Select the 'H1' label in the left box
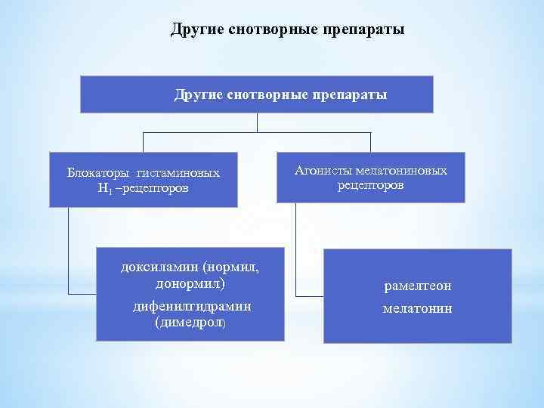pyautogui.click(x=104, y=187)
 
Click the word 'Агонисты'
pyautogui.click(x=317, y=171)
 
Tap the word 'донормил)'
pyautogui.click(x=190, y=283)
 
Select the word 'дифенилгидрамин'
pyautogui.click(x=190, y=306)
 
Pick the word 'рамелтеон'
pyautogui.click(x=418, y=286)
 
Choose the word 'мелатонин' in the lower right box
pyautogui.click(x=418, y=308)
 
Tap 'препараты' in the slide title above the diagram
pyautogui.click(x=364, y=29)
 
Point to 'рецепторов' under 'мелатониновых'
pyautogui.click(x=370, y=185)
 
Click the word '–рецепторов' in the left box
pyautogui.click(x=154, y=187)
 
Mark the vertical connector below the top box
pyautogui.click(x=257, y=122)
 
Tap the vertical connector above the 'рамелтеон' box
pyautogui.click(x=295, y=249)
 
